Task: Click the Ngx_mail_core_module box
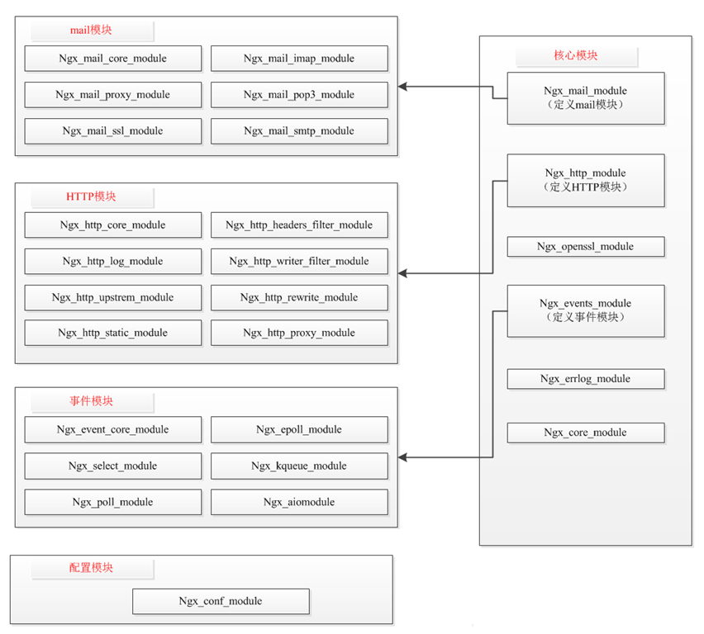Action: (x=112, y=59)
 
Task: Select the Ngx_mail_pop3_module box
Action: (x=299, y=95)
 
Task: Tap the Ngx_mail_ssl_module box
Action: (x=112, y=131)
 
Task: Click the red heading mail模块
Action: (x=91, y=30)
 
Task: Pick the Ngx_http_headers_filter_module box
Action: (x=299, y=225)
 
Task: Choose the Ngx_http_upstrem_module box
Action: (x=112, y=297)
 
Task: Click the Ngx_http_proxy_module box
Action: (x=299, y=333)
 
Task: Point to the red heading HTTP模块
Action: (x=91, y=196)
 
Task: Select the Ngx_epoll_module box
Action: (x=299, y=430)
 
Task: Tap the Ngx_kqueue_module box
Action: (x=299, y=466)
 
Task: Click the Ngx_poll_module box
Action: (x=112, y=502)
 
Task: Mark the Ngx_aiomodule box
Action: (x=299, y=502)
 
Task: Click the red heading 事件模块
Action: (x=91, y=401)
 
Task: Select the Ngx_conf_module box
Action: (x=221, y=601)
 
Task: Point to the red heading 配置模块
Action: (x=91, y=568)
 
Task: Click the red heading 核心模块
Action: (x=576, y=55)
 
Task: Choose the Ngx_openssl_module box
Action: (x=586, y=247)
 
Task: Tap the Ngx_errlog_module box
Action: (x=586, y=379)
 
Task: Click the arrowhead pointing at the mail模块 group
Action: (x=402, y=87)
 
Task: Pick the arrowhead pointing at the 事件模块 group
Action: (x=402, y=457)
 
